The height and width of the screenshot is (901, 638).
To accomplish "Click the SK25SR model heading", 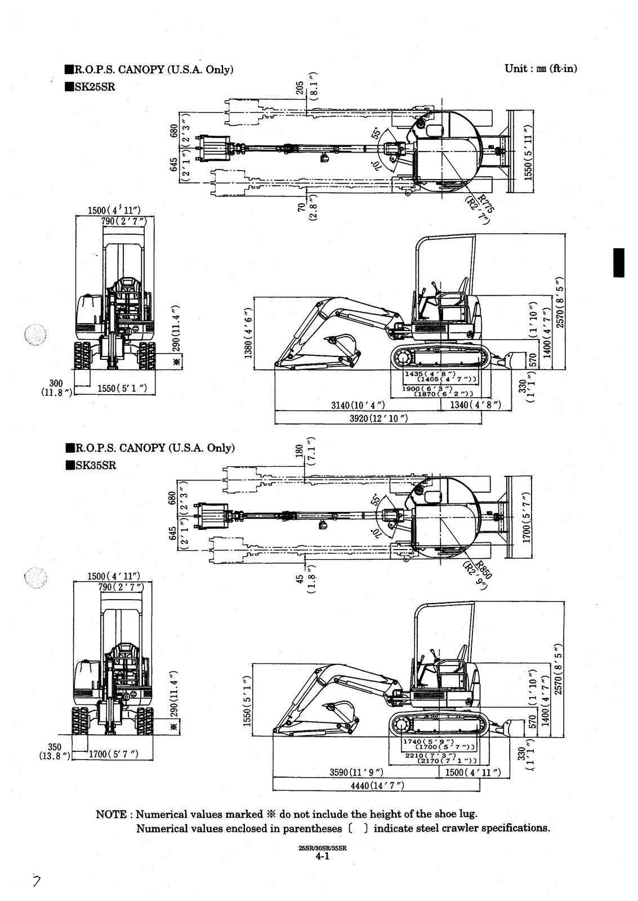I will click(94, 87).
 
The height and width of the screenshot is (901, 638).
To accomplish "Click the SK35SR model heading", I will click(94, 465).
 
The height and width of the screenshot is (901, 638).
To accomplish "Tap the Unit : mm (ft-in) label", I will click(541, 69).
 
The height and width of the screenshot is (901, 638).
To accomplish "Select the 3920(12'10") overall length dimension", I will click(378, 418).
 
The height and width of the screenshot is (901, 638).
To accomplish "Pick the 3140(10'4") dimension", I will click(358, 405).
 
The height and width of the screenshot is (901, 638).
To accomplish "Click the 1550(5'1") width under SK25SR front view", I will click(122, 388).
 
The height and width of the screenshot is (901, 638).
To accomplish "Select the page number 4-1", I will click(322, 857).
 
